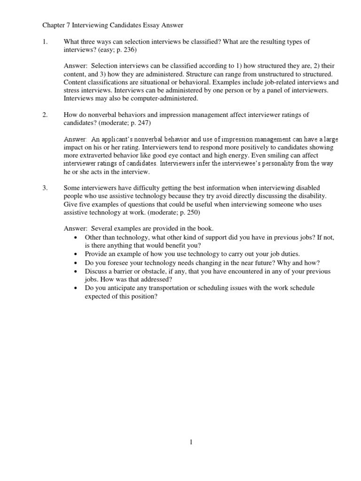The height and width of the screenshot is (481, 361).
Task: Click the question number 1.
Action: click(x=45, y=42)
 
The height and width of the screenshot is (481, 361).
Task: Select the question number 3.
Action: click(x=45, y=188)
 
